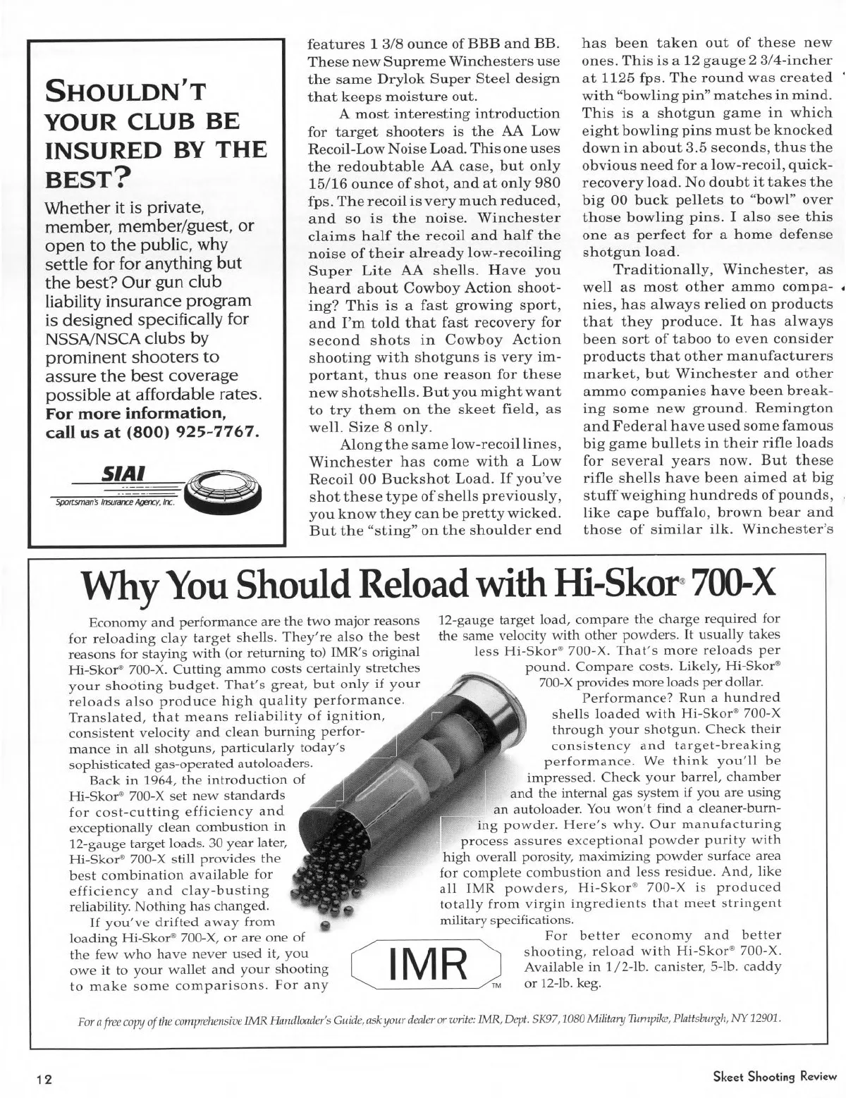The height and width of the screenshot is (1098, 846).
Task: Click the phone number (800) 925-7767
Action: (x=195, y=431)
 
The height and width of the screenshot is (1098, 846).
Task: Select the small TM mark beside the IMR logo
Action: (x=496, y=985)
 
